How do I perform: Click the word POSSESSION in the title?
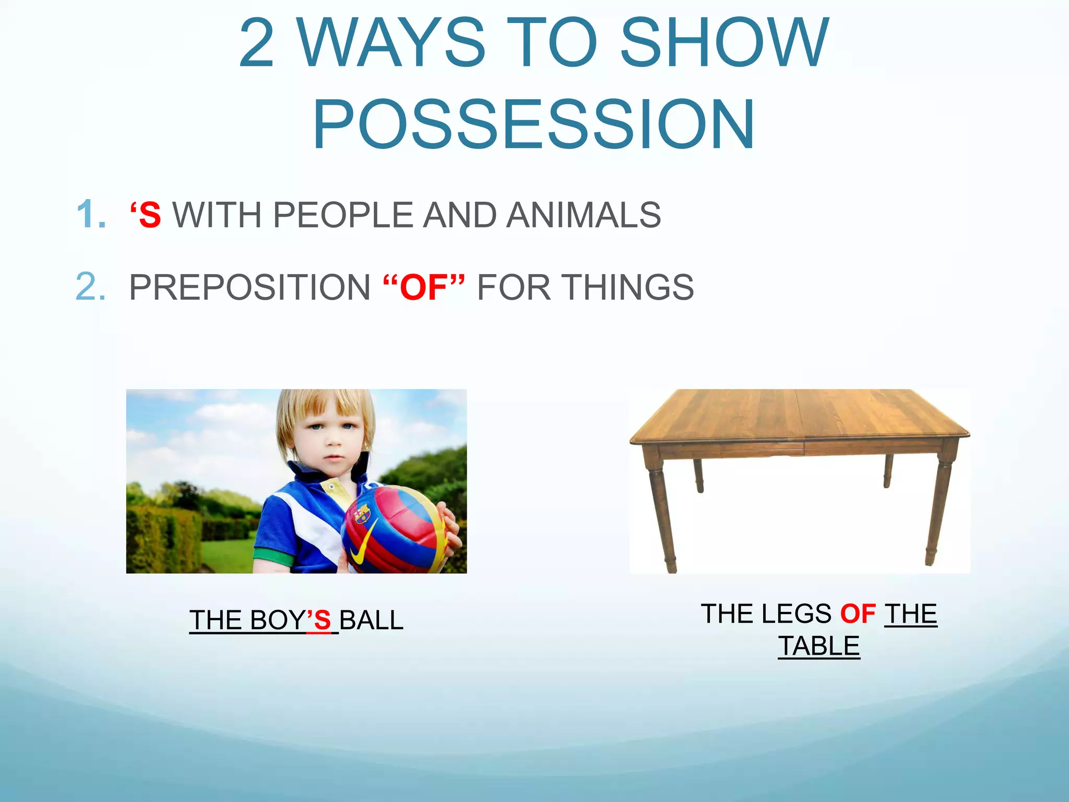tap(533, 124)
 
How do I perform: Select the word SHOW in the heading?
tap(723, 43)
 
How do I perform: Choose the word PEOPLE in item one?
tap(343, 215)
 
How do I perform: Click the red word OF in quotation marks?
tap(423, 288)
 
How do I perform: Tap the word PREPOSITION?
tap(250, 288)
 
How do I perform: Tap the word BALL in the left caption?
tap(371, 620)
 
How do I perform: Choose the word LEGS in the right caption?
tap(796, 614)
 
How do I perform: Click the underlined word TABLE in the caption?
tap(818, 646)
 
